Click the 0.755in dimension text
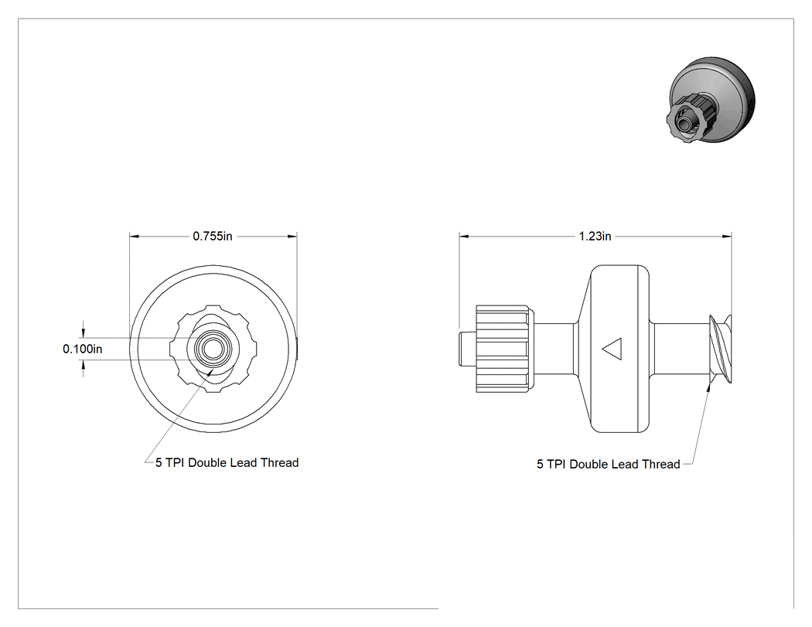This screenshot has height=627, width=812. (x=213, y=236)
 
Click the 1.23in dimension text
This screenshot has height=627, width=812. (x=595, y=236)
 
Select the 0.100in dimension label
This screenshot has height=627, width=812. (x=82, y=349)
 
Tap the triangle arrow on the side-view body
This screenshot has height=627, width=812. (x=612, y=349)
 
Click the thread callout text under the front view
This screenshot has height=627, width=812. (x=227, y=462)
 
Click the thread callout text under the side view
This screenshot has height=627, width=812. (x=608, y=464)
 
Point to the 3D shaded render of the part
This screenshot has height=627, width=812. (x=711, y=101)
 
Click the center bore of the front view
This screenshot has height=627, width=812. (x=210, y=349)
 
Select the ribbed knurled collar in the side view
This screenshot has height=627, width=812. (x=502, y=349)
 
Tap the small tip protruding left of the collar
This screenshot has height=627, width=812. (x=468, y=349)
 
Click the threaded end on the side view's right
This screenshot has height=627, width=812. (x=720, y=349)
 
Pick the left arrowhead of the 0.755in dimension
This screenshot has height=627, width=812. (x=135, y=236)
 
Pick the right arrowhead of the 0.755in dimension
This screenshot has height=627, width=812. (x=292, y=236)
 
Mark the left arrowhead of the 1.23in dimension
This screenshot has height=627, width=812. (x=464, y=236)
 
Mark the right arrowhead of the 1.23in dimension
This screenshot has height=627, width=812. (x=727, y=236)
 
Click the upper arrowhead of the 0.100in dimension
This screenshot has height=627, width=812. (x=83, y=332)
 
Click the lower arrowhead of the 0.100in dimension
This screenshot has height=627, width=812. (x=83, y=366)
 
